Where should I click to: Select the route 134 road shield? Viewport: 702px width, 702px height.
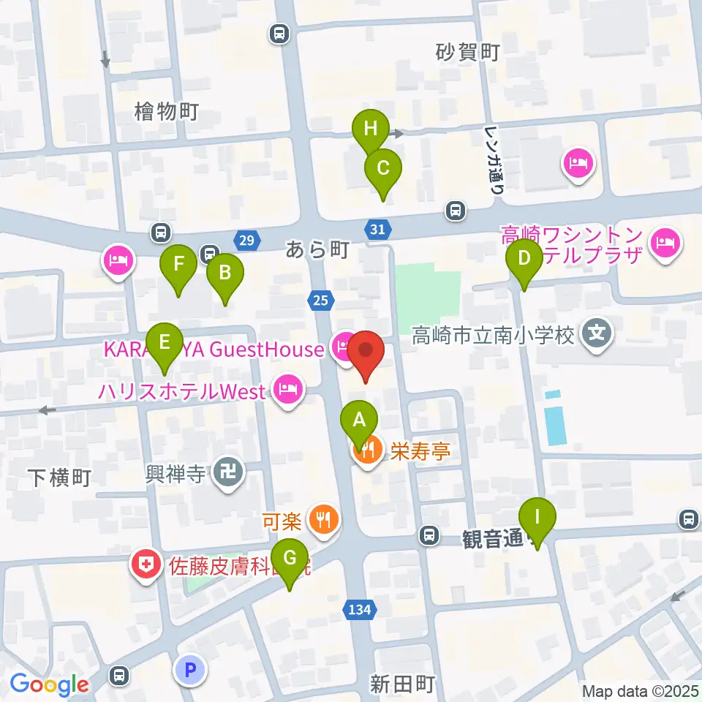click(x=360, y=608)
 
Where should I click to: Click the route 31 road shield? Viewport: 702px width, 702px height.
click(x=377, y=230)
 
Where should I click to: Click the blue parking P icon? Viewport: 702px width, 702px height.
click(x=191, y=670)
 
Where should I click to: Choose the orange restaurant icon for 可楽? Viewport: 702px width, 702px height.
click(x=322, y=521)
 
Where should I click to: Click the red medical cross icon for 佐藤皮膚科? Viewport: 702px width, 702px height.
click(x=146, y=564)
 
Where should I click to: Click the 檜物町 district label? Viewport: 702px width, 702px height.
click(x=167, y=112)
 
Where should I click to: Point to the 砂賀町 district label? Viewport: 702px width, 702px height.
click(x=467, y=53)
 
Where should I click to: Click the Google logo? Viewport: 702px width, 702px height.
click(x=49, y=684)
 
